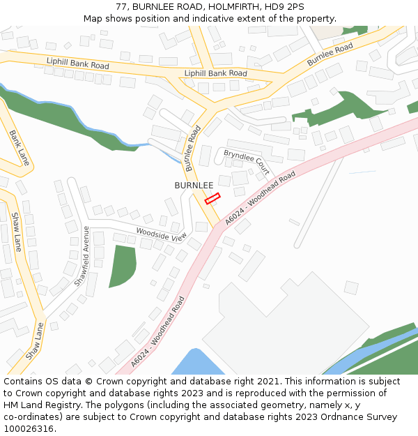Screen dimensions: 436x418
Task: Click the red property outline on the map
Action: pos(212,199)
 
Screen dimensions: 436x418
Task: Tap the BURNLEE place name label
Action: pos(194,185)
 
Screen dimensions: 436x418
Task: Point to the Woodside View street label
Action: pos(161,234)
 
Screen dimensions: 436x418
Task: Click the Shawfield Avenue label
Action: pos(82,257)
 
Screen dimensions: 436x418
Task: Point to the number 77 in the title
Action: pos(121,7)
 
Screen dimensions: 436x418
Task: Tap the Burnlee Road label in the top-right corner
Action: pos(330,55)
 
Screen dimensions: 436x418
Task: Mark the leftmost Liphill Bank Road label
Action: pos(78,63)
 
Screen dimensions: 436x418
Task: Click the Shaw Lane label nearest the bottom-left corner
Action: pos(35,340)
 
